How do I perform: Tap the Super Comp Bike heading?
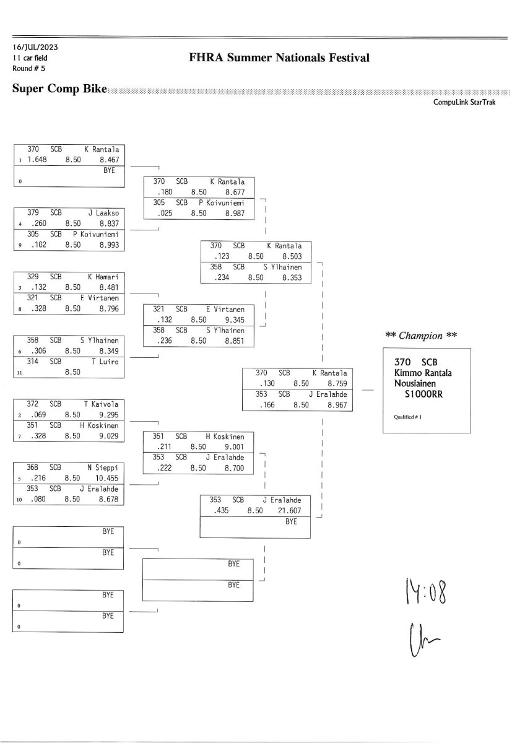tap(59, 89)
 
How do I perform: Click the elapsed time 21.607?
tap(287, 511)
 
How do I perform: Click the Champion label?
tap(421, 336)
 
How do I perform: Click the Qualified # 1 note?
tap(407, 417)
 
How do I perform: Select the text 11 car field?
tap(30, 58)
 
